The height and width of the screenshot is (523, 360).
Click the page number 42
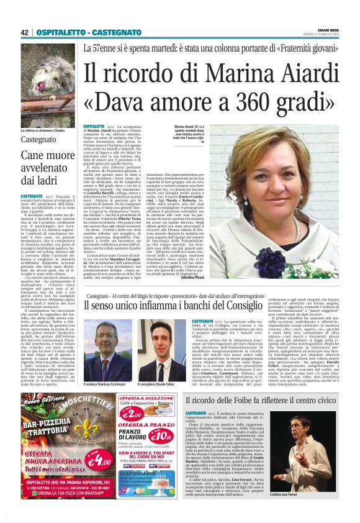click(25, 32)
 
